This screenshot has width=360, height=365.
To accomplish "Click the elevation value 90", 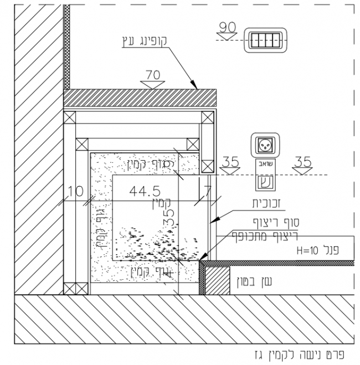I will (x=227, y=26).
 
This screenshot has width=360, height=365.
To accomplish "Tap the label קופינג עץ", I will (x=143, y=40).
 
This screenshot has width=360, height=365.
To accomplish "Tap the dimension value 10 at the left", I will (x=75, y=192).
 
